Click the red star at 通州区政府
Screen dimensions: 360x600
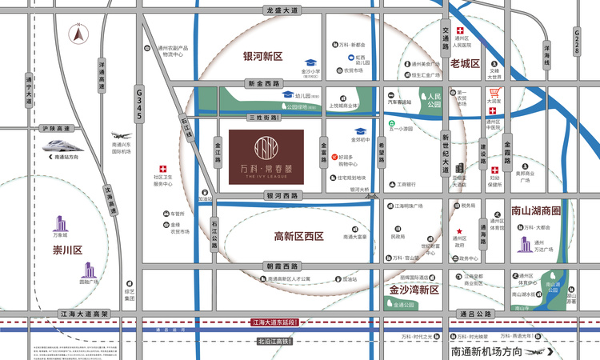point(460,229)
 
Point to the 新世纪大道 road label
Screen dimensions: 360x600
point(446,153)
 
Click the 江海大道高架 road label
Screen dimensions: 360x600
point(88,314)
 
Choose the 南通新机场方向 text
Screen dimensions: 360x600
point(486,351)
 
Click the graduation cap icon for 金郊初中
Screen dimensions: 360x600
point(361,130)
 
